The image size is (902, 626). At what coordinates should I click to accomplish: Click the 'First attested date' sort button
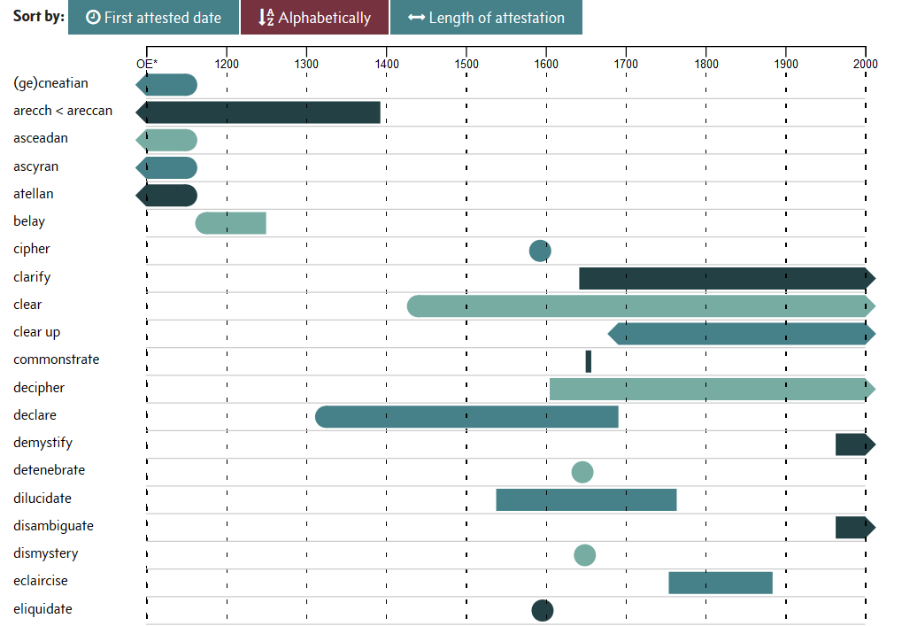pyautogui.click(x=153, y=18)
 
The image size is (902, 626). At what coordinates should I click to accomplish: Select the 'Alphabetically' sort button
pyautogui.click(x=314, y=18)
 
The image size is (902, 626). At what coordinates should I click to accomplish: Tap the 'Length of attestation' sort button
pyautogui.click(x=486, y=18)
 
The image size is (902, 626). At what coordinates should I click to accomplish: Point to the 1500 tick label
pyautogui.click(x=466, y=64)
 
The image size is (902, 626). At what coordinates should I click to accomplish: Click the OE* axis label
pyautogui.click(x=147, y=64)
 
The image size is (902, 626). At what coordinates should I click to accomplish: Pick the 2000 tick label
pyautogui.click(x=865, y=64)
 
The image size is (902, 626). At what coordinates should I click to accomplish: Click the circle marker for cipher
pyautogui.click(x=540, y=251)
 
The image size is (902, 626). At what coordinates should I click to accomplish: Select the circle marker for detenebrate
pyautogui.click(x=582, y=472)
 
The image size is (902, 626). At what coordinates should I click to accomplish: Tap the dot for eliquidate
pyautogui.click(x=543, y=610)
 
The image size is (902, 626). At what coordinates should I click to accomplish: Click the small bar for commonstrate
pyautogui.click(x=589, y=361)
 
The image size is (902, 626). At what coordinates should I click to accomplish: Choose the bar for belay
pyautogui.click(x=231, y=223)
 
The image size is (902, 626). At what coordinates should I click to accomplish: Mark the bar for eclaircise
pyautogui.click(x=721, y=583)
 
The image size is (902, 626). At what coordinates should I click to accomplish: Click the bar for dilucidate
pyautogui.click(x=586, y=499)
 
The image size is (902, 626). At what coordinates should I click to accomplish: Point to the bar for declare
pyautogui.click(x=466, y=416)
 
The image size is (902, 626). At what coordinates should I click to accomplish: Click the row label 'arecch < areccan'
pyautogui.click(x=63, y=111)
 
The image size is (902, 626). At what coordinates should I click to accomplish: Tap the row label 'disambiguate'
pyautogui.click(x=53, y=526)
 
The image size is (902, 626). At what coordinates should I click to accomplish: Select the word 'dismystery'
pyautogui.click(x=46, y=553)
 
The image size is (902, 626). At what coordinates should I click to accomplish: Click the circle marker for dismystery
pyautogui.click(x=584, y=555)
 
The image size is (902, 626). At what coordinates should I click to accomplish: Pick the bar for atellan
pyautogui.click(x=168, y=196)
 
